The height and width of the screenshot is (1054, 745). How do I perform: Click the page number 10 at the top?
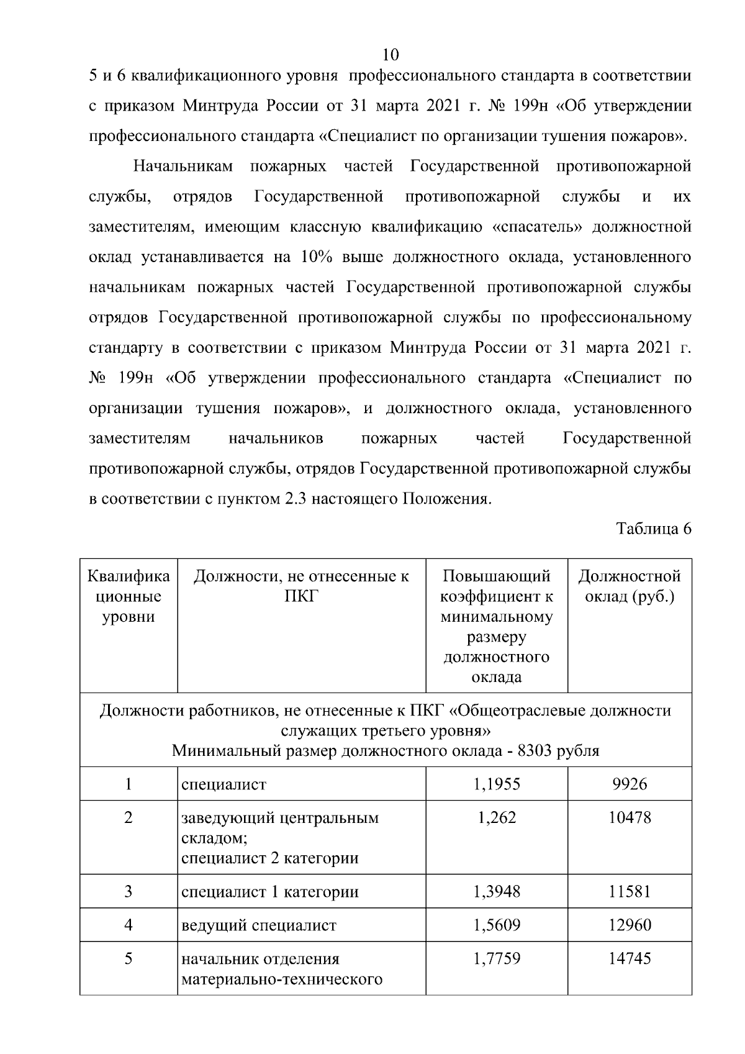[391, 54]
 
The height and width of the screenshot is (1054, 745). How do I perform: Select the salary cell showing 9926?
[630, 784]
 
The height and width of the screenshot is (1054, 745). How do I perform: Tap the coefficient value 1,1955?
[496, 784]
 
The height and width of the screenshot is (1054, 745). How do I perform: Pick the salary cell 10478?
[630, 817]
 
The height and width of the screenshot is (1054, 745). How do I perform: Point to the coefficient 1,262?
[496, 817]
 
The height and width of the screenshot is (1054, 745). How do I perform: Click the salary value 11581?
[630, 892]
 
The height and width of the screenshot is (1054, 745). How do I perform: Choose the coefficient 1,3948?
[496, 892]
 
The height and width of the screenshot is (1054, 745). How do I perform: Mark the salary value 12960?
[630, 925]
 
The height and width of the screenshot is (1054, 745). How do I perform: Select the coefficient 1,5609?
[496, 925]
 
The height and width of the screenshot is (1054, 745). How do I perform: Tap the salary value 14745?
[630, 959]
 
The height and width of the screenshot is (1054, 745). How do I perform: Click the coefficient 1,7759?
[496, 959]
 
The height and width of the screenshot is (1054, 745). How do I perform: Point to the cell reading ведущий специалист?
[258, 925]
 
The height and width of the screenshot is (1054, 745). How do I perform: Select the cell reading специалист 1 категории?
[269, 892]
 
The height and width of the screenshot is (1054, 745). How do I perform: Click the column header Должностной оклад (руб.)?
[630, 586]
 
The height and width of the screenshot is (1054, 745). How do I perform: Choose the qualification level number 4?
[129, 925]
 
